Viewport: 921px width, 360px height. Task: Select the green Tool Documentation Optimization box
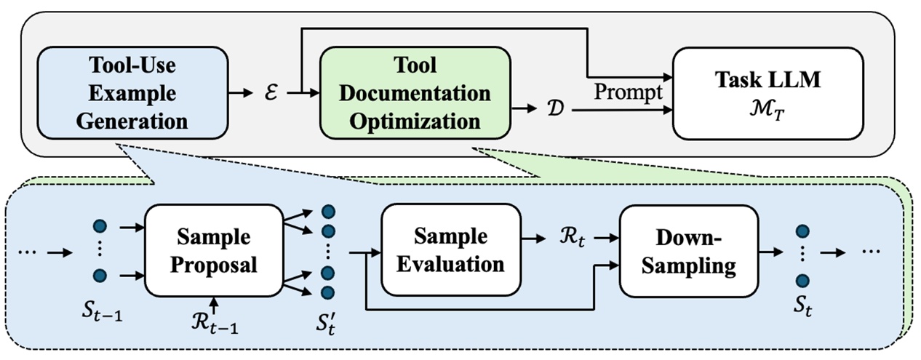pyautogui.click(x=415, y=92)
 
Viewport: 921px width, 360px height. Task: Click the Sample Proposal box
pyautogui.click(x=214, y=251)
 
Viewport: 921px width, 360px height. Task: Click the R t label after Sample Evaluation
pyautogui.click(x=570, y=236)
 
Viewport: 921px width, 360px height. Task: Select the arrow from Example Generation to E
pyautogui.click(x=240, y=93)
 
